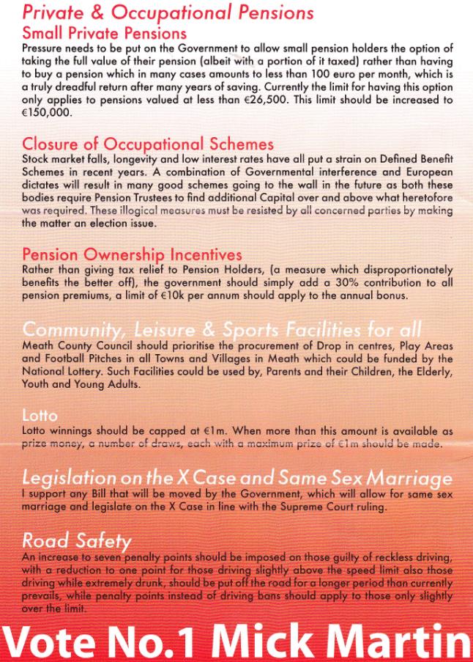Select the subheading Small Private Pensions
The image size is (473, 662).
click(x=104, y=33)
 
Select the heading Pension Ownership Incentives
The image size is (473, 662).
click(x=133, y=254)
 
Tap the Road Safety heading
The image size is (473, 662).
click(x=76, y=541)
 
